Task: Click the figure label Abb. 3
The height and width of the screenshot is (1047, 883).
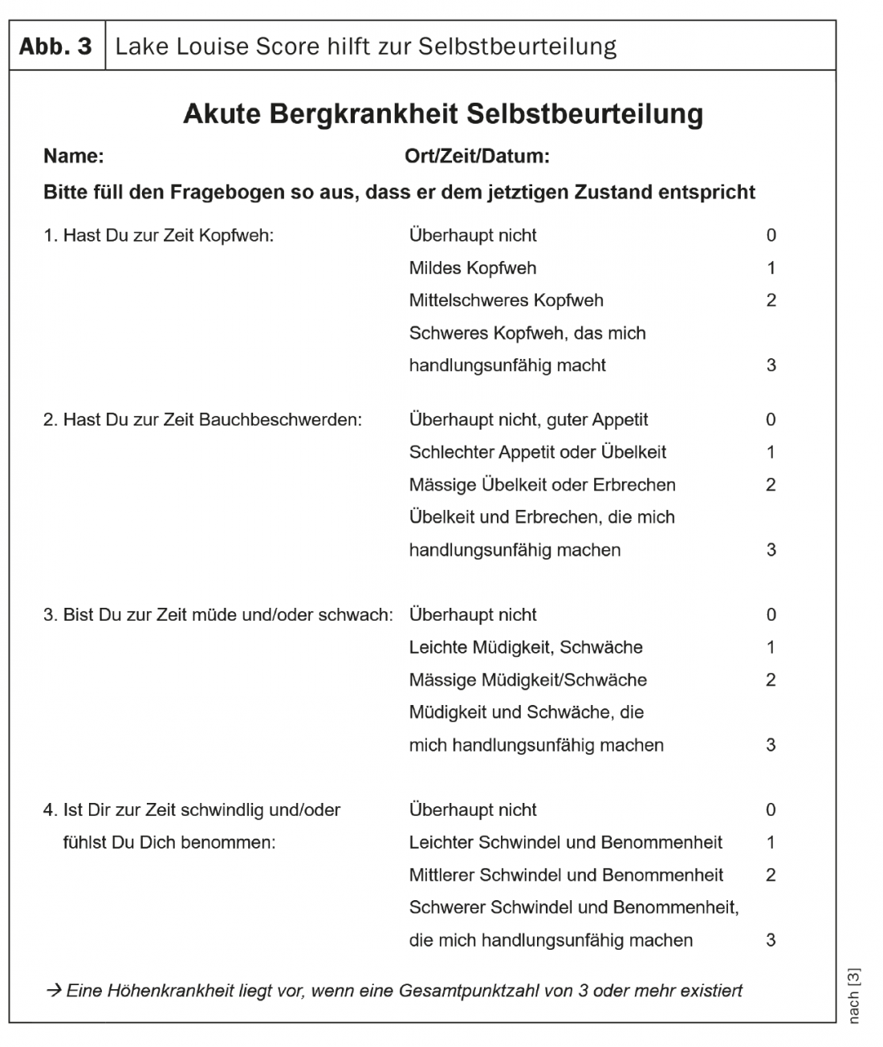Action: tap(55, 46)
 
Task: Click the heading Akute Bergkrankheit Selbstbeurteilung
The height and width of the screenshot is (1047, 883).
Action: tap(442, 113)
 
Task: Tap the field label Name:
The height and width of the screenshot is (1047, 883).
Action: tap(73, 156)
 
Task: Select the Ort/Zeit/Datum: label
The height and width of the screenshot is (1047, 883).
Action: tap(477, 156)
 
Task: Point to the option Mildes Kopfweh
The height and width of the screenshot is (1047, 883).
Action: tap(472, 268)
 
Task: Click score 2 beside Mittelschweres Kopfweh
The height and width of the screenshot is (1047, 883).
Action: tap(771, 300)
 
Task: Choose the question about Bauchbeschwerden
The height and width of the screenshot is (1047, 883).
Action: tap(202, 420)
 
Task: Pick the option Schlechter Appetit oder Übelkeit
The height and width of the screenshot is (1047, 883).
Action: tap(537, 452)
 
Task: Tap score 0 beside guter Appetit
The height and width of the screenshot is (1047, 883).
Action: tap(771, 420)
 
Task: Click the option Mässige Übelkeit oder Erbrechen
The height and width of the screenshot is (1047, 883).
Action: tap(542, 485)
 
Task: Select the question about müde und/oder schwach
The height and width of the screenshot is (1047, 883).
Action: tap(218, 615)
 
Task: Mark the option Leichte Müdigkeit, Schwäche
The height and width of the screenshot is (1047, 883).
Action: tap(525, 647)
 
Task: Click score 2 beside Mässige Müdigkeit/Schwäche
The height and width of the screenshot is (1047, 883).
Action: tap(771, 680)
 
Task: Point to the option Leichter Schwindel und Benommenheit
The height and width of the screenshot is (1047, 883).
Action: tap(565, 842)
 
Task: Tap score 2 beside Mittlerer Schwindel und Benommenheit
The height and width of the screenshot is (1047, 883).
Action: tap(771, 875)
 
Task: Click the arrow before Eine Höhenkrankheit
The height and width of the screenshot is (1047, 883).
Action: tap(54, 991)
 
